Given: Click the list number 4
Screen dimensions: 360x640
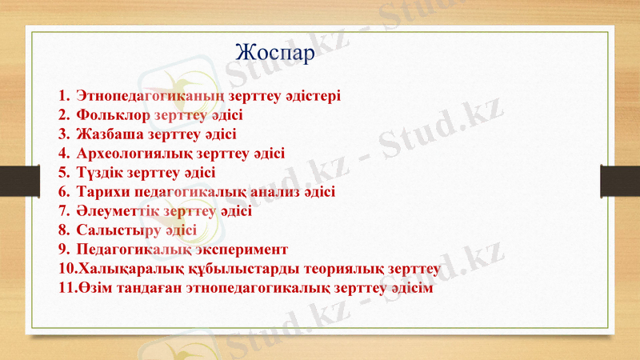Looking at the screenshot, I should pyautogui.click(x=63, y=154).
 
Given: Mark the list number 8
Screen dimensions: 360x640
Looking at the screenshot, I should pyautogui.click(x=63, y=230).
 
